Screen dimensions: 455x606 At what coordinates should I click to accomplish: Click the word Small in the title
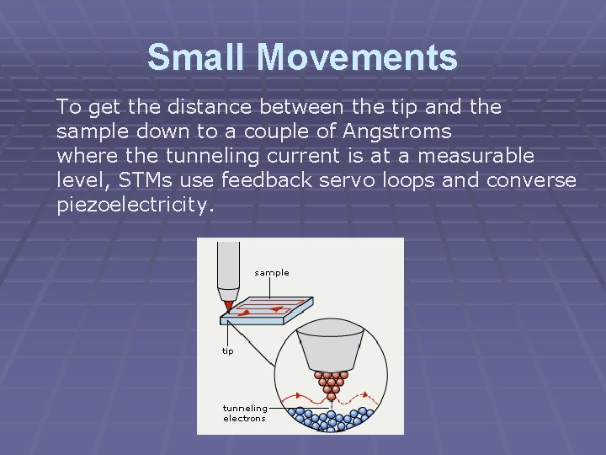pos(198,57)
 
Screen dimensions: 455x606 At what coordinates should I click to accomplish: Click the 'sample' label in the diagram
pos(271,273)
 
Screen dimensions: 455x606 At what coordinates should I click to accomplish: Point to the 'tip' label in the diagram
pos(228,351)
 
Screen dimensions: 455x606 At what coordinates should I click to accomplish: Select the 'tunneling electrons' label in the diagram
pos(244,413)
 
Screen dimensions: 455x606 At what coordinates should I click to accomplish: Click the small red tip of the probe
pos(227,305)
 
